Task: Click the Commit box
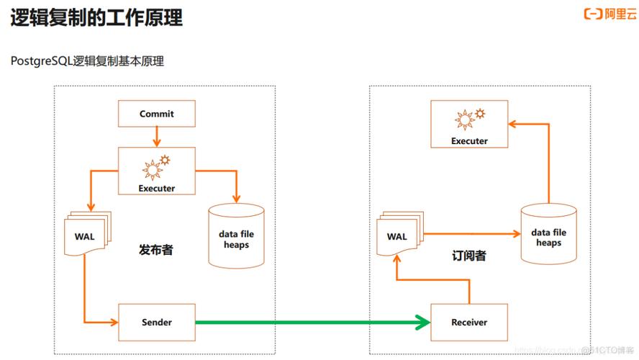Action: click(156, 114)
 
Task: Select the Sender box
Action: click(156, 323)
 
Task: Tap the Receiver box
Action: click(469, 323)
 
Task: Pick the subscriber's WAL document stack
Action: click(397, 236)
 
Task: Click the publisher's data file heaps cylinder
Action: click(236, 238)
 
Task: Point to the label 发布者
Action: click(156, 251)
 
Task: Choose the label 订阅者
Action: click(469, 256)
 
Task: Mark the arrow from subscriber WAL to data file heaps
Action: click(471, 233)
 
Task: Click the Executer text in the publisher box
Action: click(156, 188)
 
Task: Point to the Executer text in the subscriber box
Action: click(469, 141)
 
